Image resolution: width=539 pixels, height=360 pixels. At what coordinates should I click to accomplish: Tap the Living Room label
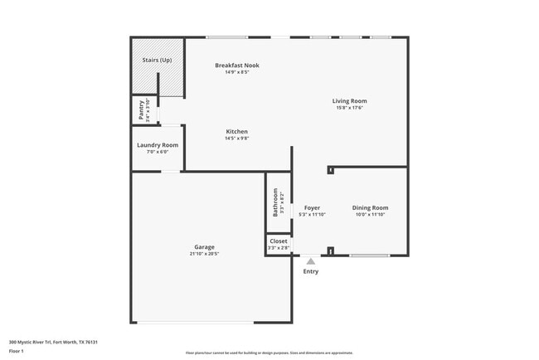coord(350,100)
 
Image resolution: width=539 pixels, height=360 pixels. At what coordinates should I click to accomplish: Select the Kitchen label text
coord(237,132)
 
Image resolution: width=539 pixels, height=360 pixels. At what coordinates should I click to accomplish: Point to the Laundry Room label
coord(158,145)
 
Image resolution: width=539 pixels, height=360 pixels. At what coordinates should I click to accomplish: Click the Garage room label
coord(204,247)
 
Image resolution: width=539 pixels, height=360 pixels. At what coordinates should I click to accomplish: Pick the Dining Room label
coord(370,207)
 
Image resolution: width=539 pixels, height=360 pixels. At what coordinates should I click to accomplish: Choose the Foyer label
coord(312,207)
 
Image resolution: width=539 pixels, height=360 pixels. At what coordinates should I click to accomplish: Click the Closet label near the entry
coord(278,241)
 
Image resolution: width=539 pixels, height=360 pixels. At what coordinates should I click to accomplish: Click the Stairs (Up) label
coord(157,61)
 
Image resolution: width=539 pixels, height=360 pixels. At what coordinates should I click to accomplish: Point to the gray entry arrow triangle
coord(311,261)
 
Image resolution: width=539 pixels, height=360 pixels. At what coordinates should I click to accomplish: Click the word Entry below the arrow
coord(311,271)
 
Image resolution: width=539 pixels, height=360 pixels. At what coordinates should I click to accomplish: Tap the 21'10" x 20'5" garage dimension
coord(204,254)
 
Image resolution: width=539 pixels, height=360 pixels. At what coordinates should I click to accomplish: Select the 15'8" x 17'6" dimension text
coord(350,107)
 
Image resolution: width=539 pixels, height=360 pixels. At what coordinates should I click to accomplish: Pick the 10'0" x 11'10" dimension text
coord(370,214)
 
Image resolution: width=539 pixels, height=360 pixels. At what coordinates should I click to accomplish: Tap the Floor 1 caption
coord(17,351)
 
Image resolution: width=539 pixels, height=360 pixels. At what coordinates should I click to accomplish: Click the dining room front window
coord(370,255)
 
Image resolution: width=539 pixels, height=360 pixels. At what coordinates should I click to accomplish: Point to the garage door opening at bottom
coord(196,322)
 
